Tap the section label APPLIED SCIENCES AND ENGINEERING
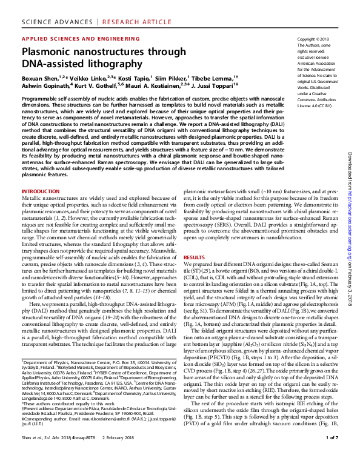70,38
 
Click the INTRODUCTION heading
41,191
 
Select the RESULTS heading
194,257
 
